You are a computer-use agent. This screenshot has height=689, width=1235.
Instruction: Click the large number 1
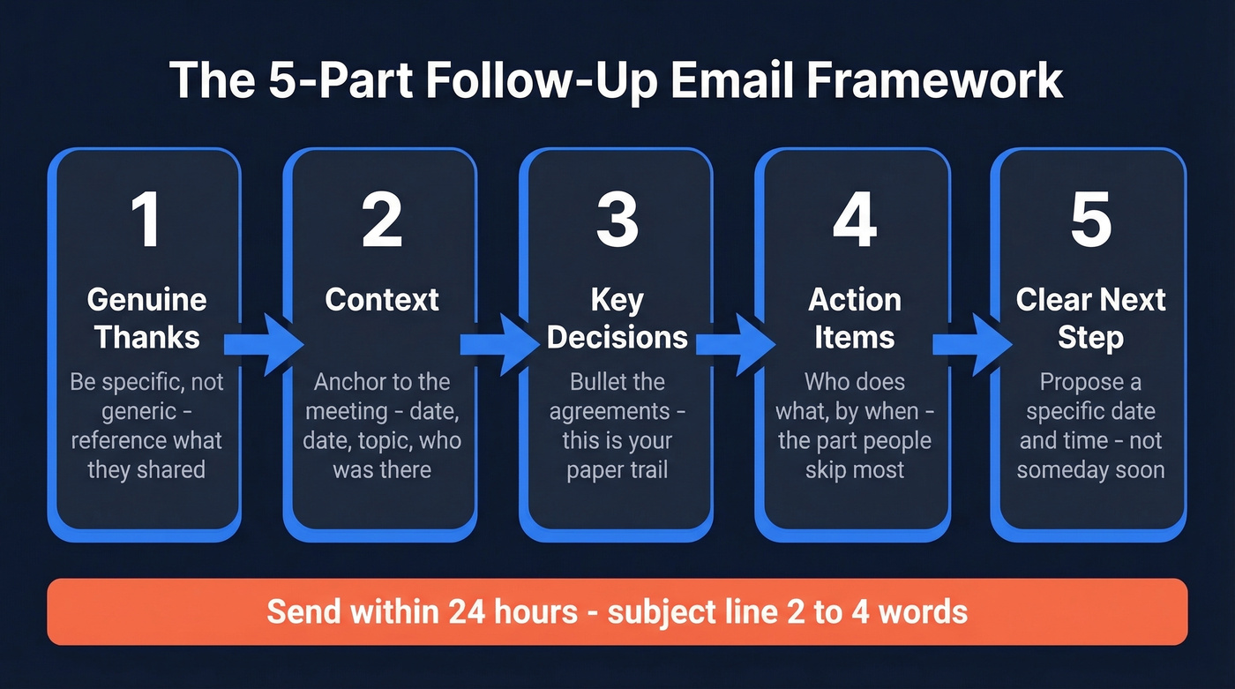point(146,220)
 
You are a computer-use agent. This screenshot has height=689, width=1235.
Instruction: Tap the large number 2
point(382,220)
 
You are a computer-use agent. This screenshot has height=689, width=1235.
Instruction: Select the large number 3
point(617,220)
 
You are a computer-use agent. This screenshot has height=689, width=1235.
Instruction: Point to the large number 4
point(854,220)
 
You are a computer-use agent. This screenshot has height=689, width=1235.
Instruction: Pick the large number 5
point(1090,220)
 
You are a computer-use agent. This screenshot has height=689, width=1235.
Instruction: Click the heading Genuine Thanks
point(146,318)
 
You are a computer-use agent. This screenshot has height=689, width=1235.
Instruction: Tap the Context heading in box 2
point(382,300)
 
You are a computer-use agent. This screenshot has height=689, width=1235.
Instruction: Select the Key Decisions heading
point(617,318)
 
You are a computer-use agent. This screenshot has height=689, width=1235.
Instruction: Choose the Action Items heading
point(854,318)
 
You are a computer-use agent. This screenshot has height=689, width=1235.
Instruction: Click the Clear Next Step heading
point(1090,318)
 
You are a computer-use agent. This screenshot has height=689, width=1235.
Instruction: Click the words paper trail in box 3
point(617,468)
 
